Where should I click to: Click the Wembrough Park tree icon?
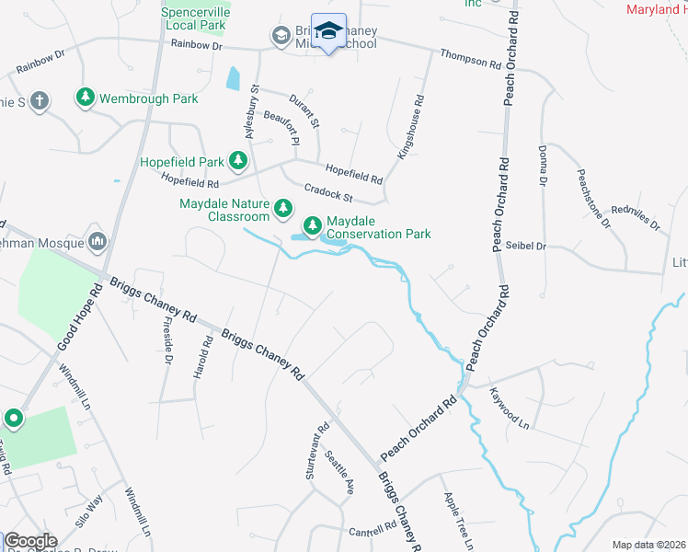[86, 97]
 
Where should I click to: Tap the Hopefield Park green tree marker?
[238, 162]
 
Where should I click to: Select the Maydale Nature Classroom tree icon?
[284, 209]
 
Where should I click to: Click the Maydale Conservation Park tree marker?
[313, 224]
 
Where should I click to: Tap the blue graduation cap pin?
[328, 31]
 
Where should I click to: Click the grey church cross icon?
[40, 100]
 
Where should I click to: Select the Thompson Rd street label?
[470, 57]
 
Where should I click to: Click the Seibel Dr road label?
[526, 247]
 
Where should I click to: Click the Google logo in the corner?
[30, 541]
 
